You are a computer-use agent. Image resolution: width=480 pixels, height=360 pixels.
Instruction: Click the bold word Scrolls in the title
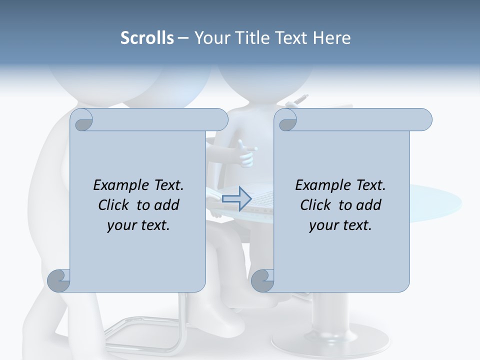click(x=147, y=38)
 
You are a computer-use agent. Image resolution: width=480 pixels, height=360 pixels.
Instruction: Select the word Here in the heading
click(x=332, y=38)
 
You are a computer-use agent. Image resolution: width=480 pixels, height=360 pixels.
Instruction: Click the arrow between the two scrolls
click(x=236, y=198)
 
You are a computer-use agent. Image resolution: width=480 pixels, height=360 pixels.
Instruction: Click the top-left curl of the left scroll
click(x=81, y=120)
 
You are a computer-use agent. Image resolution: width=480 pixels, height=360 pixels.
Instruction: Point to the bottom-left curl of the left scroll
click(x=59, y=280)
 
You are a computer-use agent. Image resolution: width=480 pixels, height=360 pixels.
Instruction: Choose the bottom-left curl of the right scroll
click(x=263, y=280)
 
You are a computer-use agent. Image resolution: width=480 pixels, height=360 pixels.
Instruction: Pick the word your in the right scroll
click(x=324, y=225)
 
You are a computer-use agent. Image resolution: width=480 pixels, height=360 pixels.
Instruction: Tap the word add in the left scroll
click(x=166, y=205)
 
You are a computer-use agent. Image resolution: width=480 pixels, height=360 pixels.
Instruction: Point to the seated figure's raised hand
click(x=247, y=152)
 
